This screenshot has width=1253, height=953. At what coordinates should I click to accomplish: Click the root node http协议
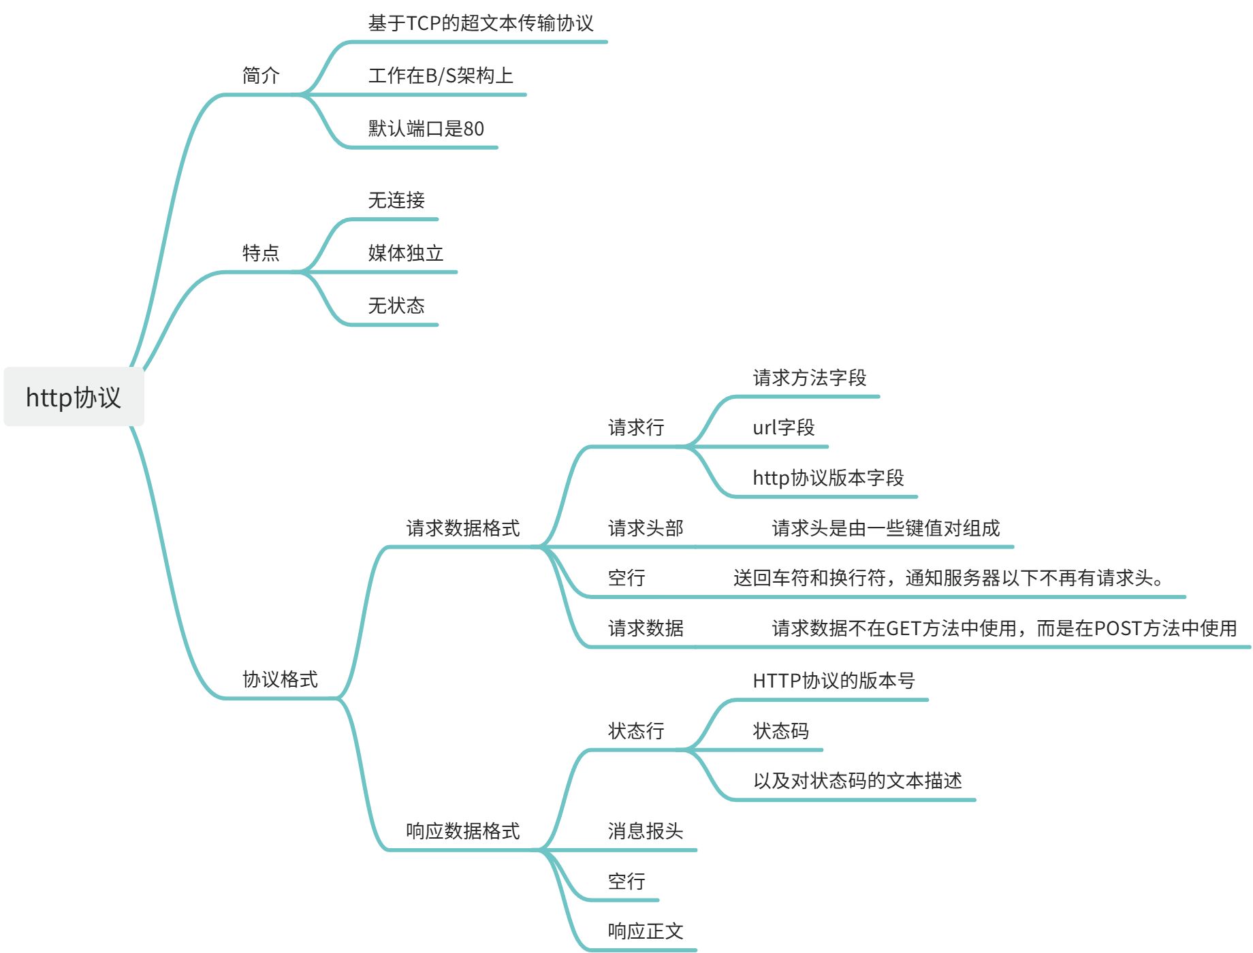click(74, 398)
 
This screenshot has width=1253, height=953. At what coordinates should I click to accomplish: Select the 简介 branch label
click(261, 76)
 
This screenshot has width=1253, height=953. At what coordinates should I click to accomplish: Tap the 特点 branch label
click(261, 253)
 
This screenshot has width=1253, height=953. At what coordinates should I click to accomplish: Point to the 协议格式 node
click(280, 679)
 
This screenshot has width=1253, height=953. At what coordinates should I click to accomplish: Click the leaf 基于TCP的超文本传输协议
click(480, 24)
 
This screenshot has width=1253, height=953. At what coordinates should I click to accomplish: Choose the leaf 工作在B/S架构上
click(441, 76)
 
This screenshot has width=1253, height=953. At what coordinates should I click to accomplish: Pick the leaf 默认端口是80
click(426, 129)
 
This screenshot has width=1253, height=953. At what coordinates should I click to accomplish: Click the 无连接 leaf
click(396, 200)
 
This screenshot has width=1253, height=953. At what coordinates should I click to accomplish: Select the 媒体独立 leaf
click(406, 253)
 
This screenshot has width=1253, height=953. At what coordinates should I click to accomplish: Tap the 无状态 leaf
click(396, 306)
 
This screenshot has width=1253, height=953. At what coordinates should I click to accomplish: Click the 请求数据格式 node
click(463, 528)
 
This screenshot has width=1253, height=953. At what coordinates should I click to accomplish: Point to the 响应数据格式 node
click(463, 831)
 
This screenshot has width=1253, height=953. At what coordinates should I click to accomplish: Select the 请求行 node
click(636, 427)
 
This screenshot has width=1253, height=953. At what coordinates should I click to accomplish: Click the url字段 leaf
click(784, 427)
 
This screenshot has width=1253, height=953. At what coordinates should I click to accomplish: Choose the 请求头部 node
click(646, 528)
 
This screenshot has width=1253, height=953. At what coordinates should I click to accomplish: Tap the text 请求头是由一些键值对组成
click(886, 528)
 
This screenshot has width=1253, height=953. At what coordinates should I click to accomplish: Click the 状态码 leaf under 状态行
click(781, 731)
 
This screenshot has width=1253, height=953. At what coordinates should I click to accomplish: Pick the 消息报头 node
click(646, 831)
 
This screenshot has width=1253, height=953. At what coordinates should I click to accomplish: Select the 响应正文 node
click(646, 931)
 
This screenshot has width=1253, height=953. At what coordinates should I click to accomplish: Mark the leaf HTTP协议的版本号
click(834, 681)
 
